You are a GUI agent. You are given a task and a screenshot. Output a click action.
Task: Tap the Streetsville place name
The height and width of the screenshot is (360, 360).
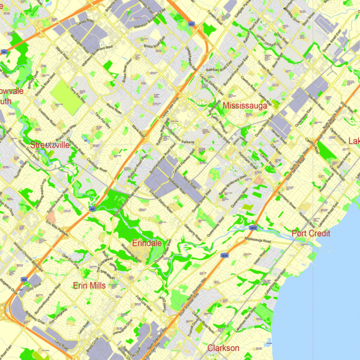(x=50, y=145)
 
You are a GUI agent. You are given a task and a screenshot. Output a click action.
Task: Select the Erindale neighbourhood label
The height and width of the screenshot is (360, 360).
(x=147, y=243)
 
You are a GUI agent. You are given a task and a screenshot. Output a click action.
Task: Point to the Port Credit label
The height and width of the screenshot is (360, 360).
(x=311, y=233)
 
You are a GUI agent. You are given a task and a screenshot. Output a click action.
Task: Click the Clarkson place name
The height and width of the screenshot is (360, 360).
(x=223, y=348)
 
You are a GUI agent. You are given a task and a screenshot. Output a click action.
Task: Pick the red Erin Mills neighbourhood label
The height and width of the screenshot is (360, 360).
(x=89, y=286)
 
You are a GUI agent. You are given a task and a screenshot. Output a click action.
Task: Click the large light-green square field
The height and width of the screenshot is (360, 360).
(x=68, y=95)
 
